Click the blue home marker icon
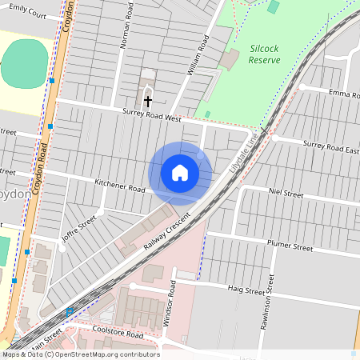click(180, 173)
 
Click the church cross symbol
click(148, 102)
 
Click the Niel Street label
click(286, 194)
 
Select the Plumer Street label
click(290, 248)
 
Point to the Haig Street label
click(245, 290)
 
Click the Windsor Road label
click(169, 302)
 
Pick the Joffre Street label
click(78, 228)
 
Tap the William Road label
click(198, 55)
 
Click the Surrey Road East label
click(330, 147)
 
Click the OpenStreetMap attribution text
click(80, 354)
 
